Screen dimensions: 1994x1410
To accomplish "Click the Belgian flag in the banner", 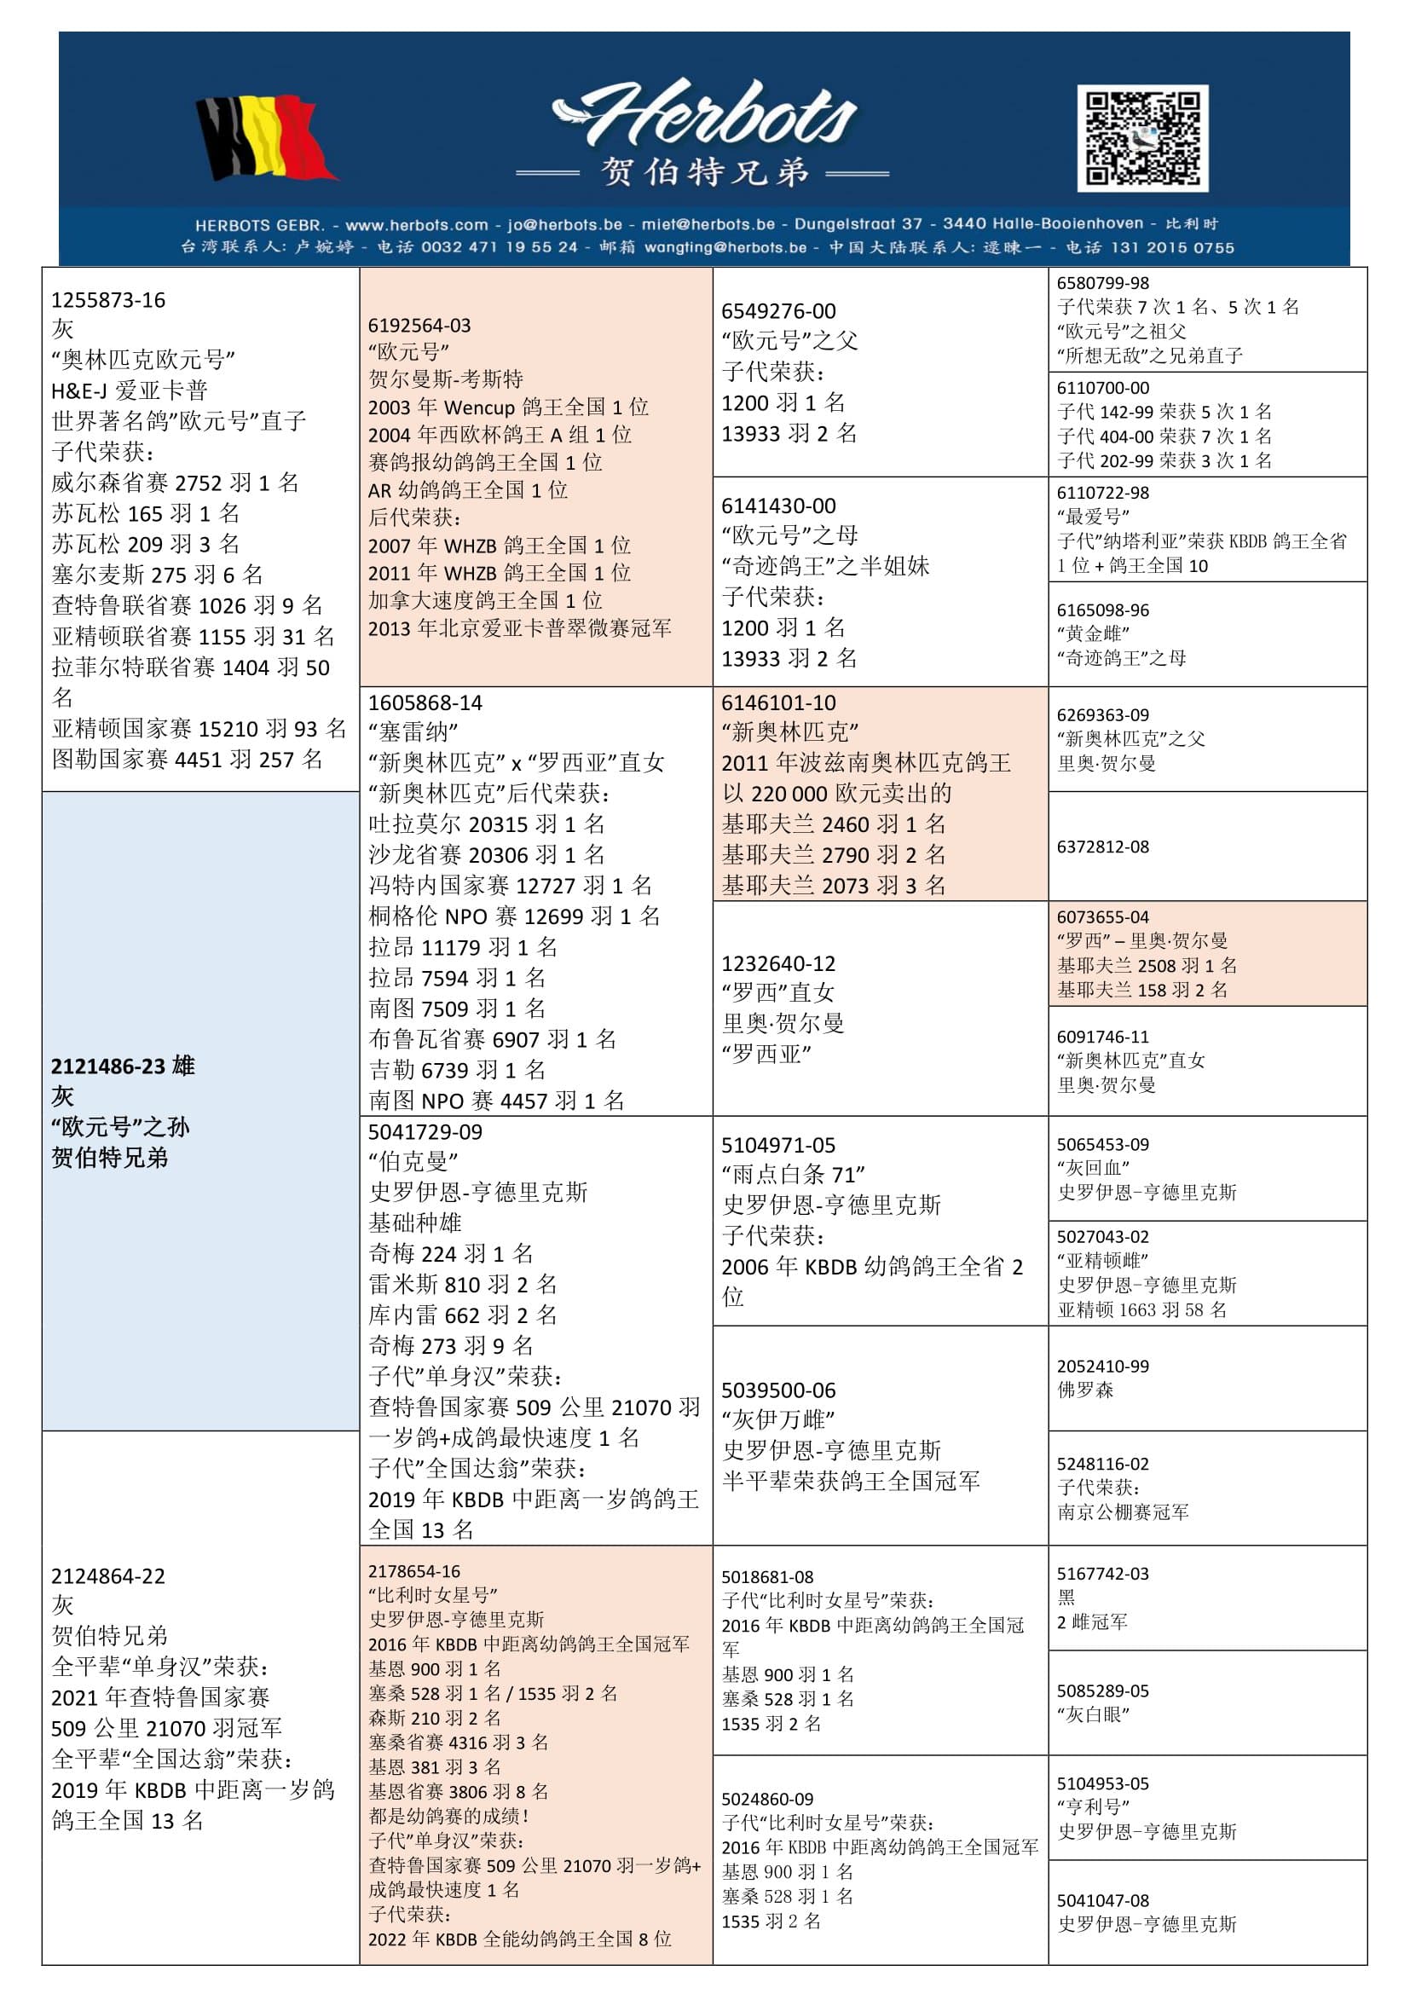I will (x=265, y=138).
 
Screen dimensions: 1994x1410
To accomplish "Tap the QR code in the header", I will (x=1141, y=138).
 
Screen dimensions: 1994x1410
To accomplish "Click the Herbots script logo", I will (x=704, y=114).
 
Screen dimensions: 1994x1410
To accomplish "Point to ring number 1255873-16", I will (x=107, y=300).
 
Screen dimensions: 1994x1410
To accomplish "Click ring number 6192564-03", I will (x=419, y=326).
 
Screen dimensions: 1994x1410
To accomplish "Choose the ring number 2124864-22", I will (x=107, y=1575).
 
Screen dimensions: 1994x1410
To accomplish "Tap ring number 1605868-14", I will (x=425, y=702).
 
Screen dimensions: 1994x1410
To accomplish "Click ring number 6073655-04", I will (x=1102, y=917).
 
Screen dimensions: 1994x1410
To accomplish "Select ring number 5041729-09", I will (x=425, y=1131).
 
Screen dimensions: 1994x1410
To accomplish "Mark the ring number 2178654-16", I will (x=414, y=1571).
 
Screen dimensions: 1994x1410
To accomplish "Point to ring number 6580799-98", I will (x=1102, y=283).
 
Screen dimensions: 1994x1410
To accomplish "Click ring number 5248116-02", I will (x=1102, y=1465).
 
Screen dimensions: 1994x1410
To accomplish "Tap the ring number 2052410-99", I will (x=1102, y=1366).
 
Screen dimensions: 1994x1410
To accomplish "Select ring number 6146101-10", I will (x=778, y=702).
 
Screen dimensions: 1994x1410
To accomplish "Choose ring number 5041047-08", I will (x=1102, y=1900).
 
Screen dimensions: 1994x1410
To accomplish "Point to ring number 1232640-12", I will (x=778, y=963).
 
